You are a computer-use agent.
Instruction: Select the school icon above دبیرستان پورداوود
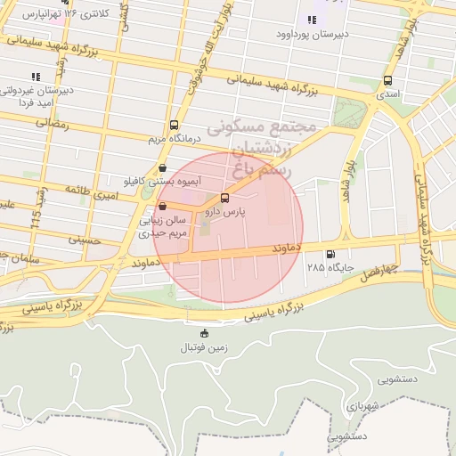coord(312,20)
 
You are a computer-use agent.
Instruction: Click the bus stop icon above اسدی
coord(387,78)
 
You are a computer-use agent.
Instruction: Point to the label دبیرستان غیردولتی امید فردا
coord(37,96)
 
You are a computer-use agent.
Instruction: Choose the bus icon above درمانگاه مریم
coord(173,126)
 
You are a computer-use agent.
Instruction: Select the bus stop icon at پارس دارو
coord(224,198)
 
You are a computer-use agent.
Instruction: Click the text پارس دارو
coord(224,212)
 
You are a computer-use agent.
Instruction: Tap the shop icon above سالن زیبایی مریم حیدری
coord(161,206)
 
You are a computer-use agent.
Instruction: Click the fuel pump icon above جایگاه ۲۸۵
coord(331,254)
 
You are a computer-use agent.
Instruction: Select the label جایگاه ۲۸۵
coord(331,267)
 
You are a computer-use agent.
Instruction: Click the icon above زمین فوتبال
coord(205,333)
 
